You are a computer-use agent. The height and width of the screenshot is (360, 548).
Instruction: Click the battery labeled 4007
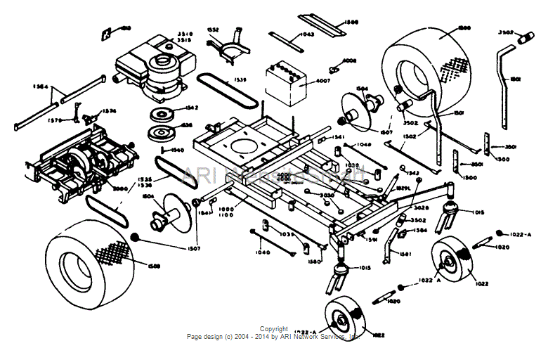pyautogui.click(x=285, y=82)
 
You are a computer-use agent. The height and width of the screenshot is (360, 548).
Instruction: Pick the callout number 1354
pyautogui.click(x=40, y=86)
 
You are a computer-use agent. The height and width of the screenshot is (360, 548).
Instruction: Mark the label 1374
pyautogui.click(x=109, y=110)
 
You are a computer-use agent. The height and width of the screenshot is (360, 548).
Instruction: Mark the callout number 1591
pyautogui.click(x=371, y=239)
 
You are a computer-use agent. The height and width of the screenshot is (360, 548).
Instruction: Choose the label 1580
pyautogui.click(x=314, y=262)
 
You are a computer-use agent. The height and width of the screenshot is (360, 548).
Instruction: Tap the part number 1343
pyautogui.click(x=412, y=173)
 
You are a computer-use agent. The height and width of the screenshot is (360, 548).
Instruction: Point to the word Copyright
pyautogui.click(x=273, y=328)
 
